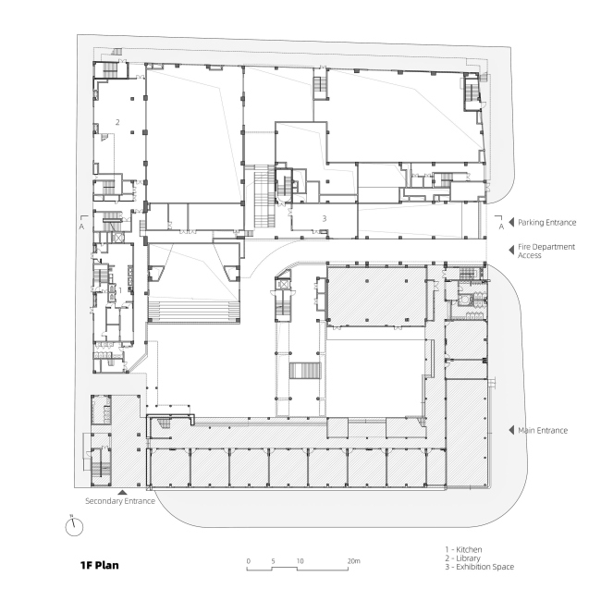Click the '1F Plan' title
coord(100,565)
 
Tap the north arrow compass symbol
coord(74,526)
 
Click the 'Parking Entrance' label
coord(547,222)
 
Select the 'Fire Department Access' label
coord(546,251)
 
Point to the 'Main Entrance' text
coord(543,431)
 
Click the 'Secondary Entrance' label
coord(120,501)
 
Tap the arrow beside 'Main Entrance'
coord(511,430)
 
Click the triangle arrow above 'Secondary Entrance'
coord(122,493)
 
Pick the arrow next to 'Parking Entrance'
coord(511,222)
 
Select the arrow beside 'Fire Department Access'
coord(511,250)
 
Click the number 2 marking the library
coord(117,122)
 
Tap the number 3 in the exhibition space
coord(325,218)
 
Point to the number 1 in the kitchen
coord(120,290)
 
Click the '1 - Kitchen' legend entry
coord(463,549)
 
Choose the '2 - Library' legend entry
coord(462,558)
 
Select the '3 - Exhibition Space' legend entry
coord(480,567)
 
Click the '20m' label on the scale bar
coord(354,561)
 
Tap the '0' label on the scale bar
coord(249,561)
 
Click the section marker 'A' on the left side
coord(81,227)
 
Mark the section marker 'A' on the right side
coord(501,227)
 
